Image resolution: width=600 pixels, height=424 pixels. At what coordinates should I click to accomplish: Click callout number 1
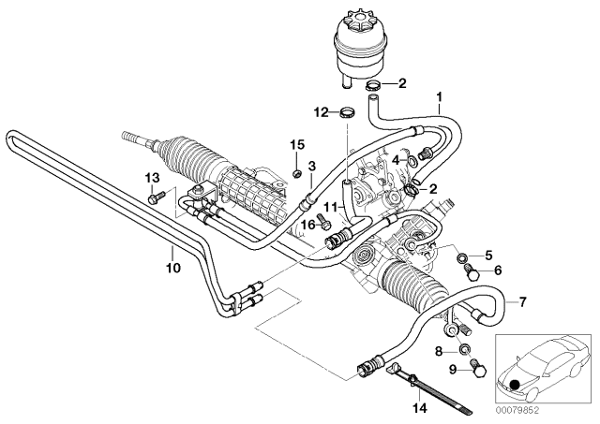[438, 95]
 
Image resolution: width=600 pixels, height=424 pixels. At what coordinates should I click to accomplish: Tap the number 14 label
[418, 409]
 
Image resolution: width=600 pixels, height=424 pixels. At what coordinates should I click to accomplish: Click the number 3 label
[312, 166]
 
